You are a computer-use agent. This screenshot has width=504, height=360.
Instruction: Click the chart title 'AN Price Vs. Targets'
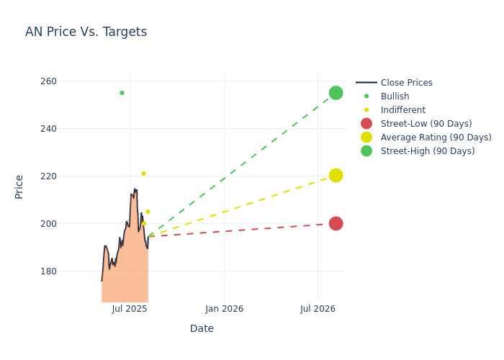click(x=86, y=32)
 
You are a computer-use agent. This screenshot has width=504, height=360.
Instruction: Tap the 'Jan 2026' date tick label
click(x=224, y=309)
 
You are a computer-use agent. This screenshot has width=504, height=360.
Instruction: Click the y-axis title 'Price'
click(x=19, y=186)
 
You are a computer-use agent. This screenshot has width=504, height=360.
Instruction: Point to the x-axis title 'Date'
click(x=202, y=328)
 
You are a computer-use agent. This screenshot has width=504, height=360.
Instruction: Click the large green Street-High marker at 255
click(x=336, y=93)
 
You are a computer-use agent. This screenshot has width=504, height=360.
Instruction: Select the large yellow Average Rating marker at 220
click(x=336, y=176)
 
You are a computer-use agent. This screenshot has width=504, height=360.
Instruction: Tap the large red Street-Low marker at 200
click(x=336, y=223)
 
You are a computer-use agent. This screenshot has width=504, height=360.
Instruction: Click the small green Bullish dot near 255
click(x=122, y=93)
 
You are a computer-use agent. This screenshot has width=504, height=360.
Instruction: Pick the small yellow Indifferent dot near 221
click(x=143, y=174)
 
